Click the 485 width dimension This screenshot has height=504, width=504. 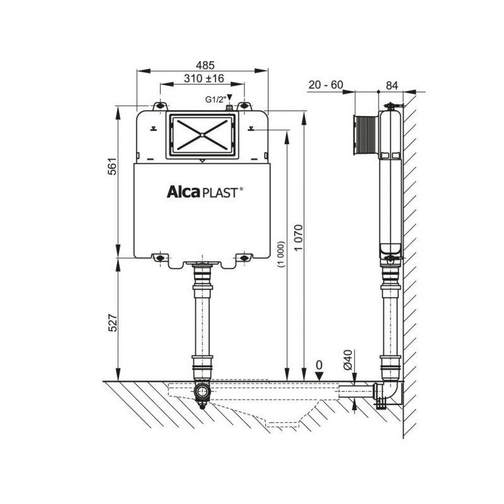[205, 66]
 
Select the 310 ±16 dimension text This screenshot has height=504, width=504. [204, 78]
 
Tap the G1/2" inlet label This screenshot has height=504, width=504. [214, 100]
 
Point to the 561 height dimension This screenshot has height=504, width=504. [112, 166]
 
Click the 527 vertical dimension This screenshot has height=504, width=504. [112, 323]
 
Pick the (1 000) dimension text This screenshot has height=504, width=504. [281, 254]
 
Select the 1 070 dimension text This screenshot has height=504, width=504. [299, 238]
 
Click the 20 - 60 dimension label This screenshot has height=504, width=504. [326, 85]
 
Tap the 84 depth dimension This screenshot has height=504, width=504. [392, 86]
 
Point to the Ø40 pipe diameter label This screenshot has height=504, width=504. [348, 360]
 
